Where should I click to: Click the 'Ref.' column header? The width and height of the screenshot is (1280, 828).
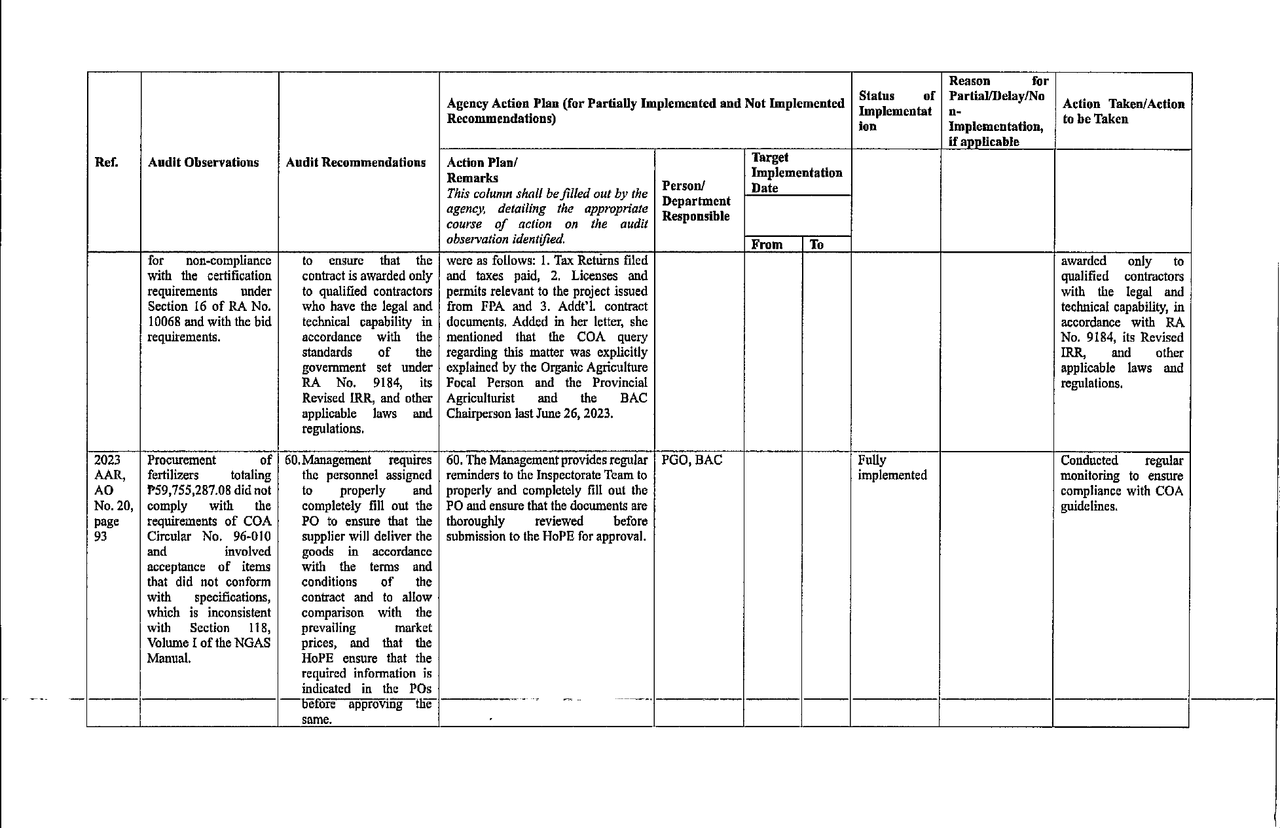click(x=107, y=162)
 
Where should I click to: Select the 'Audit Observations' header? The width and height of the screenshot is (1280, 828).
click(x=203, y=162)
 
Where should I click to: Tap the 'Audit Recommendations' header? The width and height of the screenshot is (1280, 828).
click(x=356, y=162)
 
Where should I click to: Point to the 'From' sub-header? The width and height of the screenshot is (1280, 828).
click(x=767, y=245)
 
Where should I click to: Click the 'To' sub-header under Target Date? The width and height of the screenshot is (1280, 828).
click(x=816, y=245)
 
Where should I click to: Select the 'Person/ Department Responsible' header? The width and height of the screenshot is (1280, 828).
click(x=696, y=201)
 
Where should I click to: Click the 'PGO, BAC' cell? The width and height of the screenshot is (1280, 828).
click(x=691, y=460)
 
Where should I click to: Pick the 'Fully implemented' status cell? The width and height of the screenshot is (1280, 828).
click(x=892, y=467)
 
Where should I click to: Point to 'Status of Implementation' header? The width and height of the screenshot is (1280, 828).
click(x=895, y=111)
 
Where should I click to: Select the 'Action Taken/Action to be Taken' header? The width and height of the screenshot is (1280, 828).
click(x=1123, y=111)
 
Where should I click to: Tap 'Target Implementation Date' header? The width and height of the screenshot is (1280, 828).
click(x=796, y=173)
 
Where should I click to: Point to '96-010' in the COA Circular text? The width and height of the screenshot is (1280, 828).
click(x=252, y=537)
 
